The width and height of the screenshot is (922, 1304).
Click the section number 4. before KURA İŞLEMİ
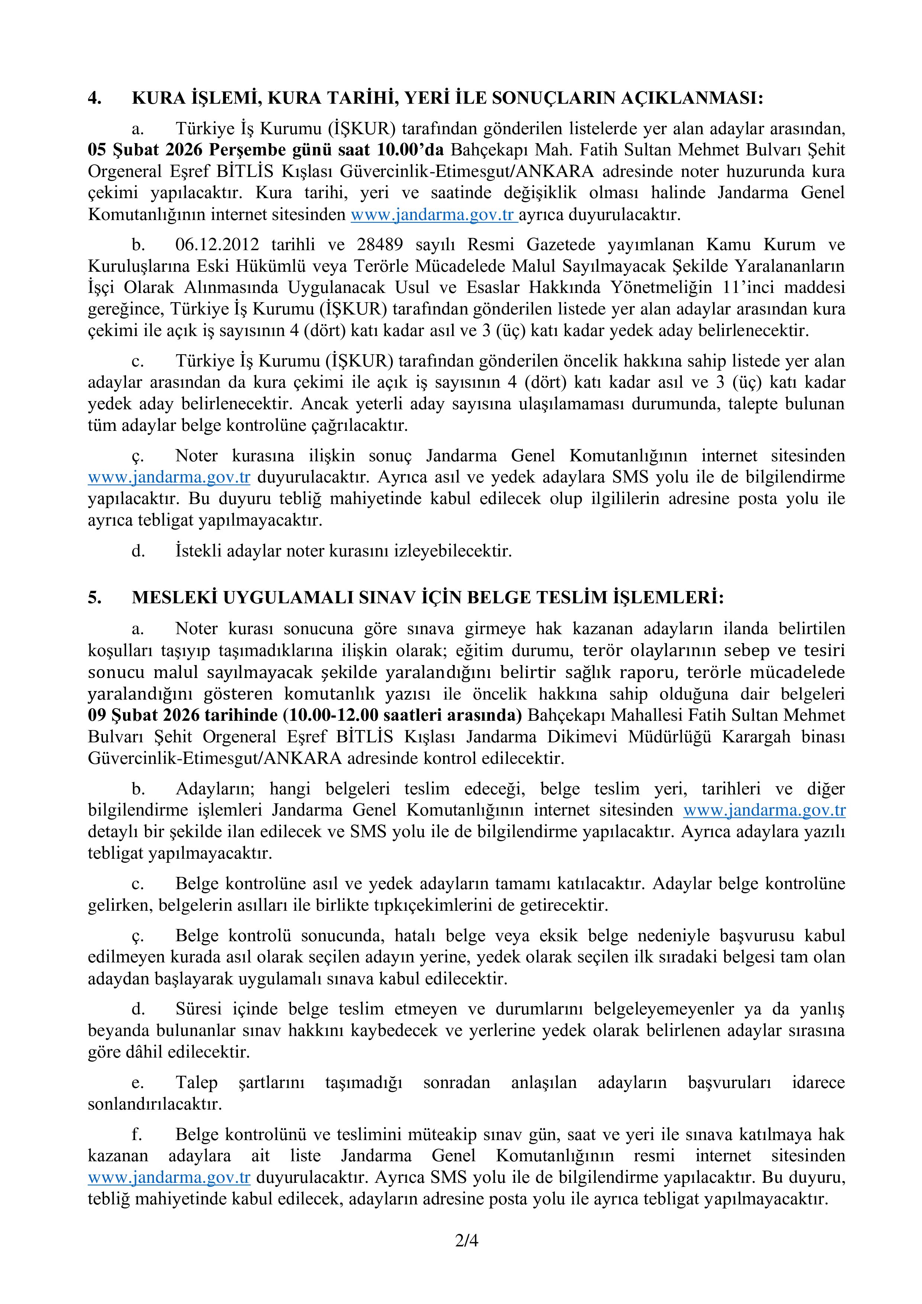[x=95, y=98]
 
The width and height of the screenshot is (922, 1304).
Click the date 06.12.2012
[x=217, y=245]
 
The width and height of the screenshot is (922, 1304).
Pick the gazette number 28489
[x=380, y=245]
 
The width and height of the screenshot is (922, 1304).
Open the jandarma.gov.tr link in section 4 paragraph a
[x=433, y=215]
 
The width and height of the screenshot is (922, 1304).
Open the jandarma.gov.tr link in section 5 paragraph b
[x=764, y=810]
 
